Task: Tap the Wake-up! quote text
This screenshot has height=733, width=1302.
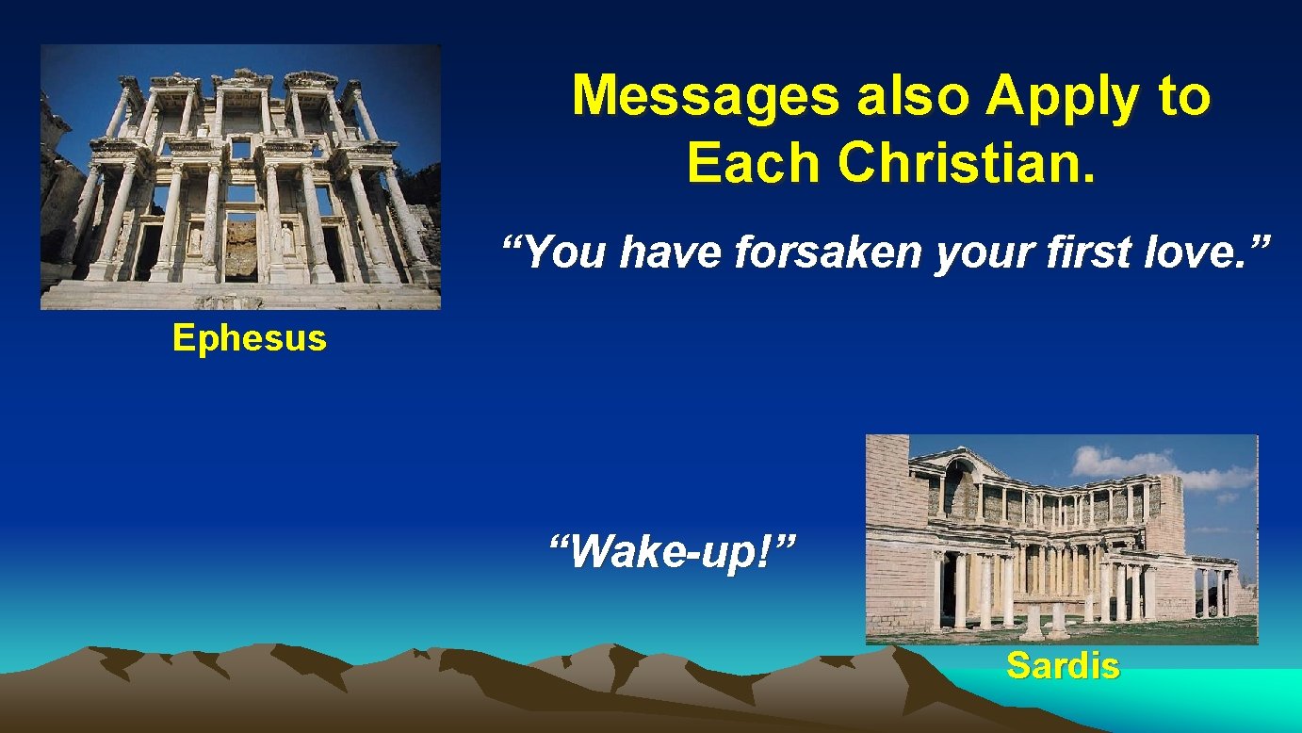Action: click(x=673, y=550)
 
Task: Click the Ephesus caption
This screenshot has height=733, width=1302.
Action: click(x=249, y=337)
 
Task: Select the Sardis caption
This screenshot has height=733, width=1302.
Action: click(x=1063, y=666)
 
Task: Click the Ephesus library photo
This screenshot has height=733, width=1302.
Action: click(x=240, y=177)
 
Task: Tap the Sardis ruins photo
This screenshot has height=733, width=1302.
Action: click(x=1061, y=539)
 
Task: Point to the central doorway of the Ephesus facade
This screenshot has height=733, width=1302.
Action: click(x=240, y=247)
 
